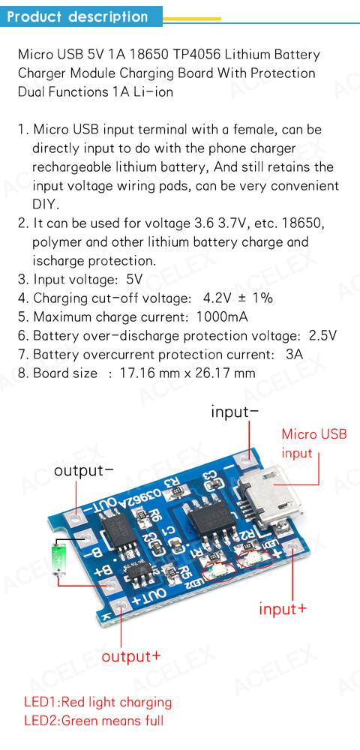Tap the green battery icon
coord(58,558)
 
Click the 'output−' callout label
coord(84,471)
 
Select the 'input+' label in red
coord(283,609)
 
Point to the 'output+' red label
coord(131,655)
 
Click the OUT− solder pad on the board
coord(76,517)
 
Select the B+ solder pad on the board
coord(109,584)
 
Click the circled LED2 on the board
coord(220,571)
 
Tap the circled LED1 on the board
coord(256,558)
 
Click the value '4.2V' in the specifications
coord(218,298)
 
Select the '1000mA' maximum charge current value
coord(222,316)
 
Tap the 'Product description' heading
coord(78,16)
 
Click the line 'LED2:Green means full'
coord(94,720)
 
